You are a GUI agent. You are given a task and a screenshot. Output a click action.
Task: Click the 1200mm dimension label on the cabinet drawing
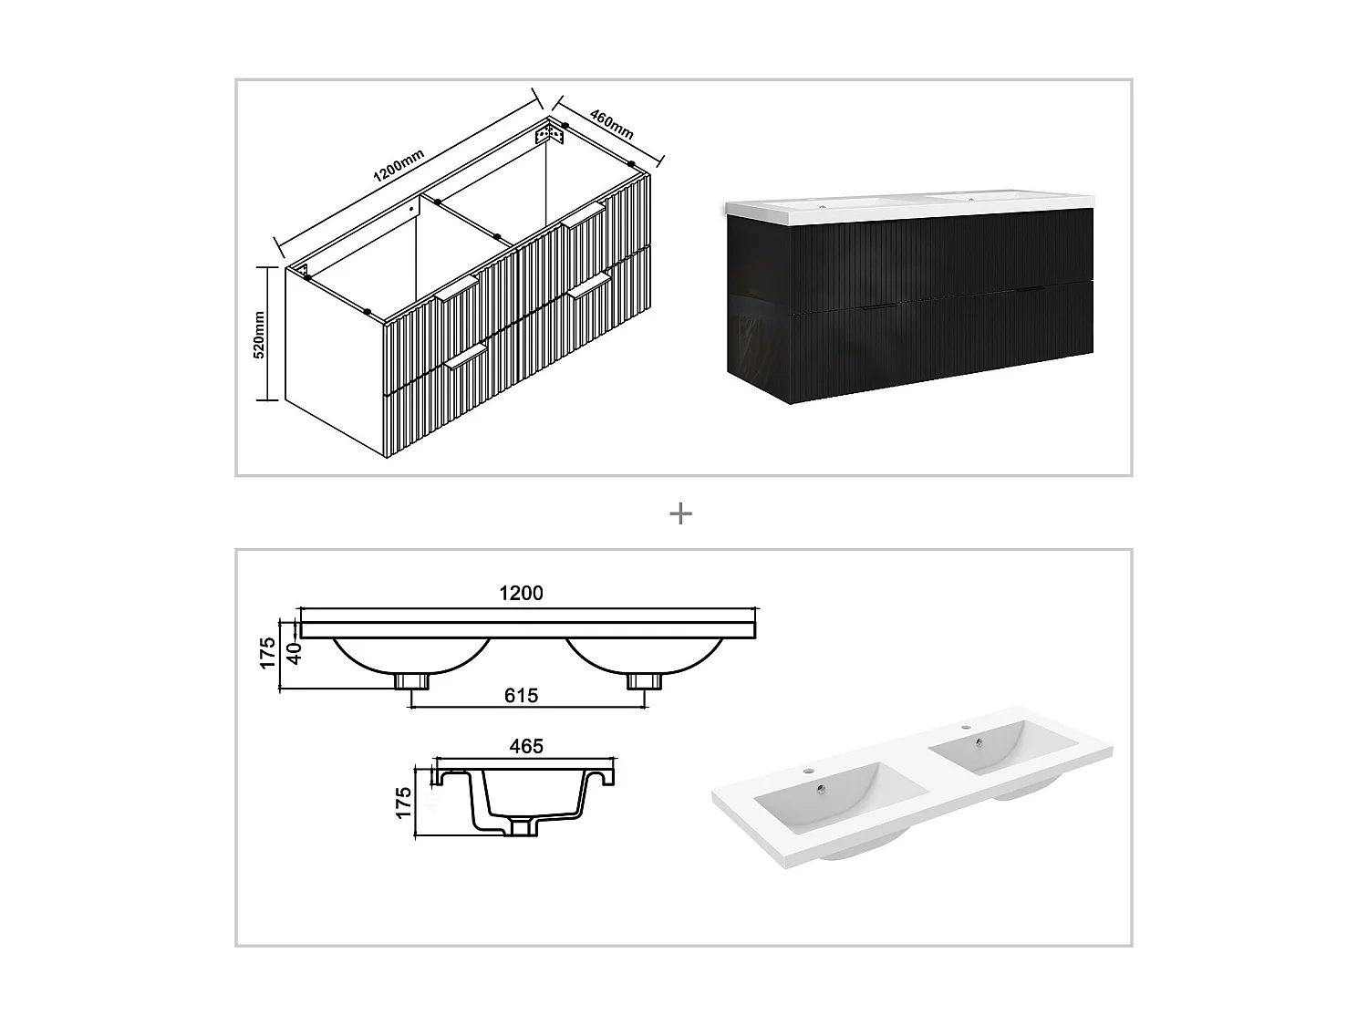[399, 167]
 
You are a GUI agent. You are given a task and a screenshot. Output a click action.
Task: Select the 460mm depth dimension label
[611, 124]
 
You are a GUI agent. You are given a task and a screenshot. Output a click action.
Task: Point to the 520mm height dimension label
[259, 334]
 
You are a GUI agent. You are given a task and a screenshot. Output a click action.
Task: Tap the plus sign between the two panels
[680, 514]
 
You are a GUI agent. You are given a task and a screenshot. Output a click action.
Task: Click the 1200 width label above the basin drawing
[521, 593]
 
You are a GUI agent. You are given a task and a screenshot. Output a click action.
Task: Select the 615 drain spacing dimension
[521, 696]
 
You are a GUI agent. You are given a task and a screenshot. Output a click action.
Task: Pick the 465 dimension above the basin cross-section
[526, 746]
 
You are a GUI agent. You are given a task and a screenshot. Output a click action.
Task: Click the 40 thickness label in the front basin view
[295, 653]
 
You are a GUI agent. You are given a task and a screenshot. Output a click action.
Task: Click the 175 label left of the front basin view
[268, 653]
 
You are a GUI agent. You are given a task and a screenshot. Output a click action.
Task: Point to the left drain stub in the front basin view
[411, 681]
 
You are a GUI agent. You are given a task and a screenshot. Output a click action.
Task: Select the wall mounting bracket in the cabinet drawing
[550, 134]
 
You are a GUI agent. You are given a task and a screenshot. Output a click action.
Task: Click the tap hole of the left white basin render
[806, 771]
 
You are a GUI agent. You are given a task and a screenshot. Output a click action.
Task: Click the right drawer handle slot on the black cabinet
[1028, 290]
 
